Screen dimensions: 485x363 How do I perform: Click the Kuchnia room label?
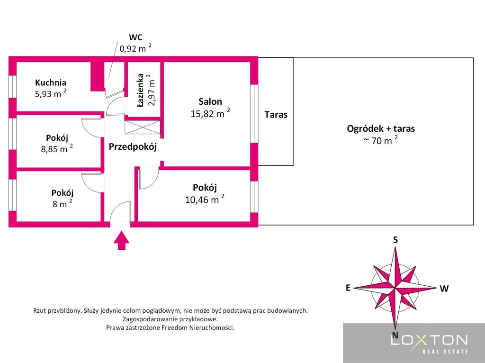(x=50, y=82)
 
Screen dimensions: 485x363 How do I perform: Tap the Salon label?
(x=210, y=101)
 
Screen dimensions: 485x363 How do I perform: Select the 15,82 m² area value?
(x=210, y=113)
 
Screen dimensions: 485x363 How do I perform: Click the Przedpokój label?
(x=133, y=147)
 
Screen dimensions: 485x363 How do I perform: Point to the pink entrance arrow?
(x=122, y=240)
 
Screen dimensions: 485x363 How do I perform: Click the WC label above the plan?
(x=135, y=37)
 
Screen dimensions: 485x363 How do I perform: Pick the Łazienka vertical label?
(x=140, y=90)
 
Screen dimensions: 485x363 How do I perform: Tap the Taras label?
(x=276, y=115)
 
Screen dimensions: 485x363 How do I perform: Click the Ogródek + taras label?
(x=381, y=128)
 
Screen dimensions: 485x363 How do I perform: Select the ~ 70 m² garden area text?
(x=381, y=140)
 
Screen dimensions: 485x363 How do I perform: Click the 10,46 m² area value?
(x=205, y=199)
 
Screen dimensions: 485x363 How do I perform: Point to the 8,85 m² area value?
(x=57, y=149)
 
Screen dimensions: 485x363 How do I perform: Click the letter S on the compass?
(x=395, y=240)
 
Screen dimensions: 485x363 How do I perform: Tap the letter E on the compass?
(x=348, y=288)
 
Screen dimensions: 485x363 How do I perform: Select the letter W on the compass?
(x=444, y=289)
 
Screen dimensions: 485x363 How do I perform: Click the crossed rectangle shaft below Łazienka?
(x=143, y=127)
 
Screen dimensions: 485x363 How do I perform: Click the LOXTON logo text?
(x=429, y=340)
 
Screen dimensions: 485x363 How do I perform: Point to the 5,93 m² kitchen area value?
(x=51, y=93)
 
